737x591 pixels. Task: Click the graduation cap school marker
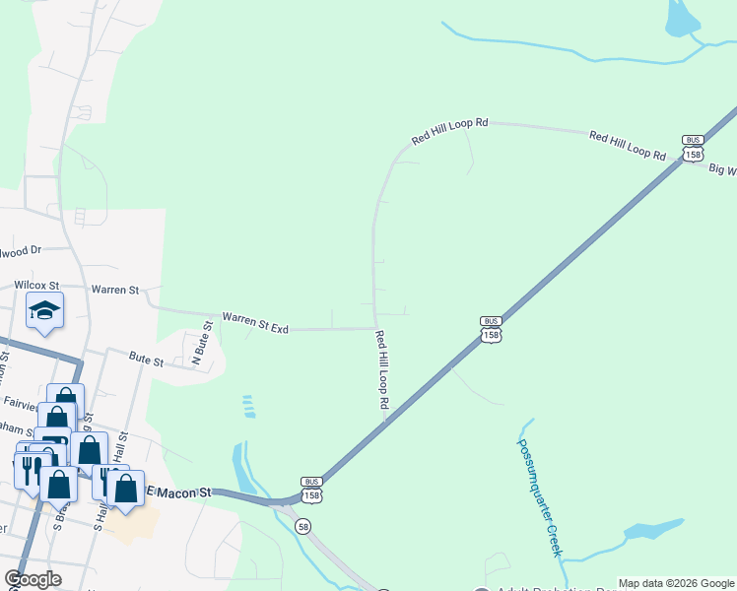44,311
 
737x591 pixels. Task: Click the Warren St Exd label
255,322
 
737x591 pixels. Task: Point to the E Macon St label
178,491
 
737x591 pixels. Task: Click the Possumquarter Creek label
541,496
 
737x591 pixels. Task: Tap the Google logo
32,579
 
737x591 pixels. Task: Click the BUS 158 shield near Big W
694,148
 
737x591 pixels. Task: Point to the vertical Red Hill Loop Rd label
382,370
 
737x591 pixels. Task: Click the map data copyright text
676,583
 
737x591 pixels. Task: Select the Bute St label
146,361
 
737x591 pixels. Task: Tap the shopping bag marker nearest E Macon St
126,490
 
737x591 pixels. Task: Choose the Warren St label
114,291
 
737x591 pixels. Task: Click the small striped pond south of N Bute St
249,406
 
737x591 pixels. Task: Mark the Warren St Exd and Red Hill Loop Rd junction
375,328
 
